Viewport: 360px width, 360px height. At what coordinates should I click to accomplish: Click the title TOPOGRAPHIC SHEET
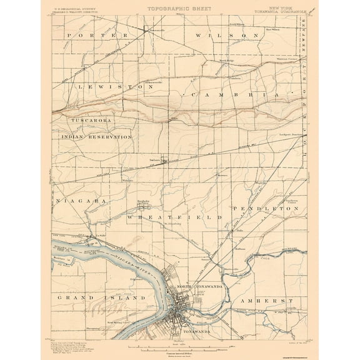point(180,9)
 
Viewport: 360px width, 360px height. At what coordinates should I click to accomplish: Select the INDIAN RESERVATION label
point(97,136)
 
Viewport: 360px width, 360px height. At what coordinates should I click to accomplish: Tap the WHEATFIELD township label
point(174,216)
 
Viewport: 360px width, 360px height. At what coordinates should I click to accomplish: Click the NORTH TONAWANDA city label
point(199,286)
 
